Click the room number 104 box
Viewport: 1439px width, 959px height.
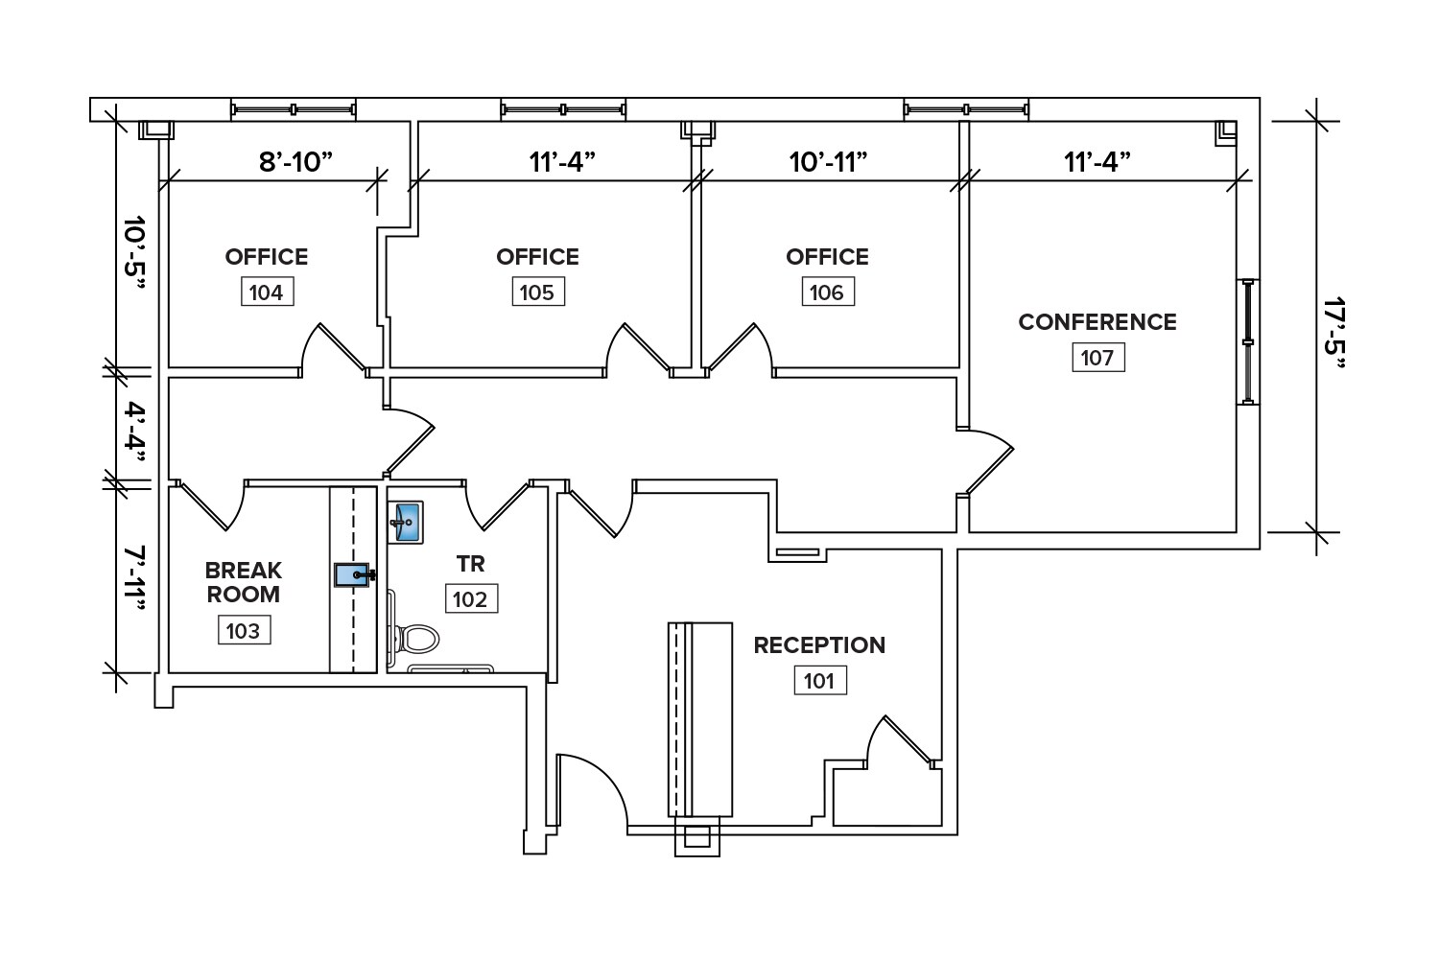click(x=266, y=292)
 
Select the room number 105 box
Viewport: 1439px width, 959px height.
click(x=537, y=292)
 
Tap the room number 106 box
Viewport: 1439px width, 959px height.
click(x=827, y=292)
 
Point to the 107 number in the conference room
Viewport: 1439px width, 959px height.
click(x=1097, y=358)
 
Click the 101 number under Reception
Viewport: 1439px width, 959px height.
click(x=819, y=681)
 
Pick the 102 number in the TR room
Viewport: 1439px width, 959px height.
click(x=470, y=599)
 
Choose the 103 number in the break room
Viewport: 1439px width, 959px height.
click(x=243, y=630)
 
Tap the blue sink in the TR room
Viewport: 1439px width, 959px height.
click(x=407, y=524)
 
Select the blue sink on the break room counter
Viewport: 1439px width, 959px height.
click(x=352, y=574)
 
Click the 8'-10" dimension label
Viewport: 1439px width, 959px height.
click(x=295, y=161)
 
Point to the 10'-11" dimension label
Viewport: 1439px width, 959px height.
click(x=828, y=161)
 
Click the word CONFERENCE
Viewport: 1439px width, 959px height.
click(x=1097, y=322)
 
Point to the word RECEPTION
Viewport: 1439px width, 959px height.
click(x=819, y=645)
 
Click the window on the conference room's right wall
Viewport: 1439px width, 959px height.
click(x=1247, y=341)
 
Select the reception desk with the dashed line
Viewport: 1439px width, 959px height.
click(x=700, y=719)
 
